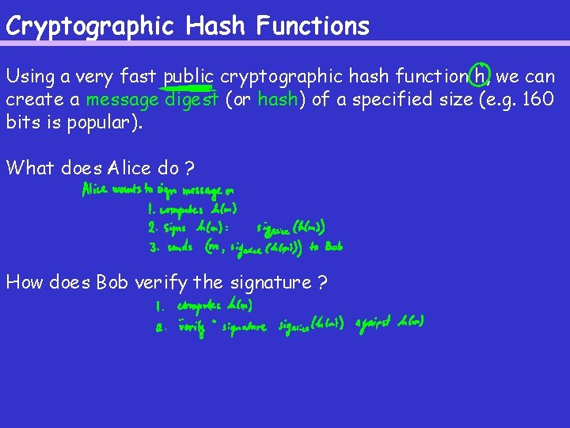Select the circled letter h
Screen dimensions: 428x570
coord(480,77)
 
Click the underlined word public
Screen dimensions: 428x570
coord(188,77)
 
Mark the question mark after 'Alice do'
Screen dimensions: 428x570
coord(189,168)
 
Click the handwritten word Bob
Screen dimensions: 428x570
coord(333,246)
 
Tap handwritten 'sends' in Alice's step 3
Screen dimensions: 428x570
coord(180,246)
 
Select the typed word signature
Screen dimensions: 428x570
coord(269,281)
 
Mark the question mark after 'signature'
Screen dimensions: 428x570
coord(322,281)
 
